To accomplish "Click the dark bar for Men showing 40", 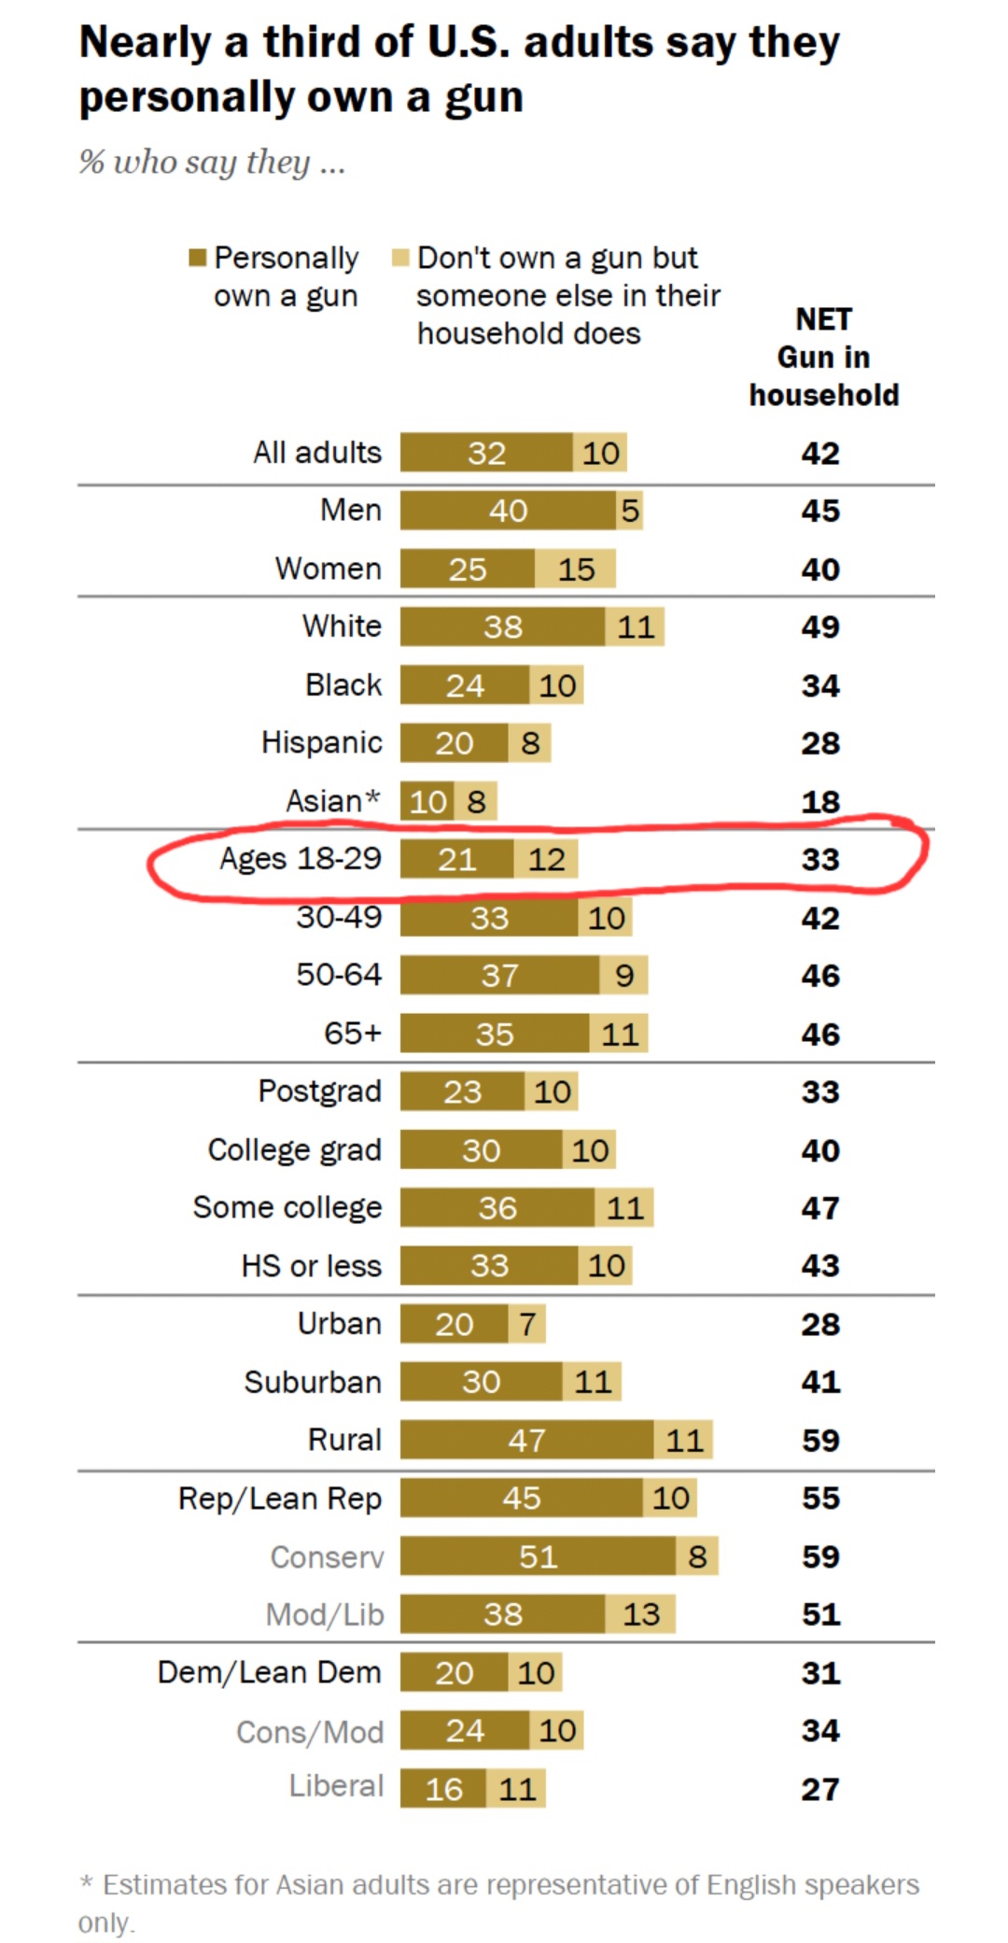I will coord(508,511).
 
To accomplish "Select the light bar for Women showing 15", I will coord(576,569).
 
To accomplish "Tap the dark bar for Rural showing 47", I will coord(526,1440).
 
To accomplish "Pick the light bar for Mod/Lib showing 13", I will coord(641,1613).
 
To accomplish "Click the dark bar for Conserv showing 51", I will coord(538,1556).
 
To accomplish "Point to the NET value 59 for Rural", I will coord(820,1440).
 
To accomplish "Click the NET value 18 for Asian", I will coord(820,801).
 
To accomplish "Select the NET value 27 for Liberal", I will coord(820,1788).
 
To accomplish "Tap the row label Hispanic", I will coord(321,742).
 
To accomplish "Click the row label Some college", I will coord(287,1207).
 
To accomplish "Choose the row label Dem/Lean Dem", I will coord(269,1671).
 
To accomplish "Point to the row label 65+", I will coord(353,1033).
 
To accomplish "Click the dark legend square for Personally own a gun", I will coord(197,258).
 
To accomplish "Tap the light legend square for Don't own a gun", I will coord(400,258).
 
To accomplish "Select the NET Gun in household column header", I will coord(823,358).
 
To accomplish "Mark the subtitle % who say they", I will coord(212,162).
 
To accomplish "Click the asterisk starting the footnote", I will coord(87,1883).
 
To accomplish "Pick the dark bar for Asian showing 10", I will coord(427,801).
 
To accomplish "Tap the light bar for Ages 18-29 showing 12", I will coord(546,859).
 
